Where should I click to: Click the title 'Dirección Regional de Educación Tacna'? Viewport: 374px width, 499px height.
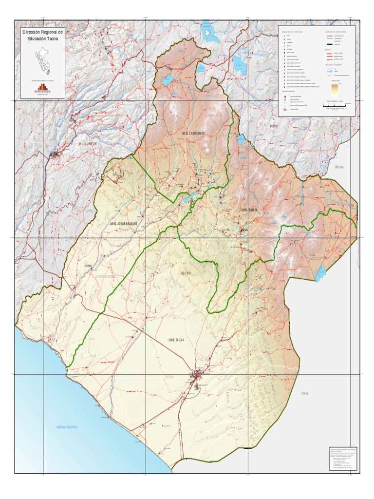click(42, 35)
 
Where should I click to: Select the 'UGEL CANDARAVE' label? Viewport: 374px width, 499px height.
click(193, 133)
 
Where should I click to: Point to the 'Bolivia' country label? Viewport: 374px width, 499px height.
click(339, 167)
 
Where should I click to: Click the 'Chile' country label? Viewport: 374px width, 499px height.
click(305, 393)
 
